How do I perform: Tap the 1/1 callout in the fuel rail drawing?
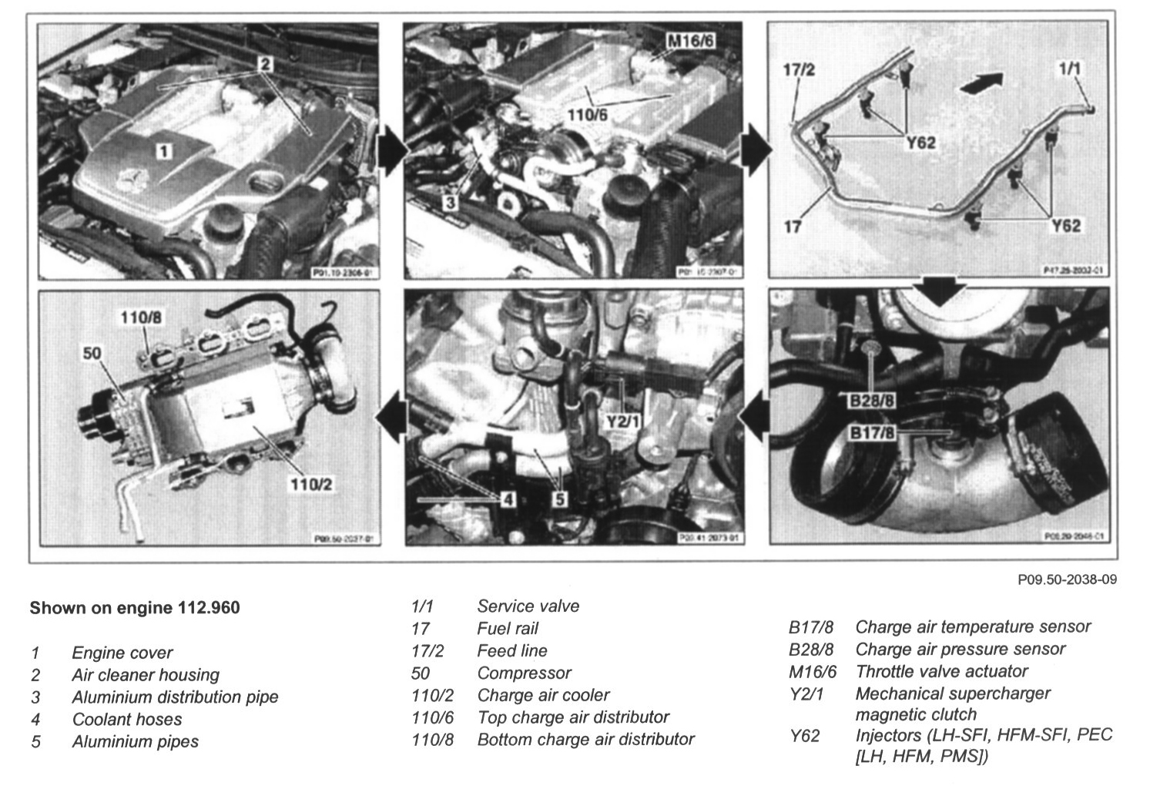(1069, 69)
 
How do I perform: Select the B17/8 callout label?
(871, 433)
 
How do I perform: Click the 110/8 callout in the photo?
(140, 317)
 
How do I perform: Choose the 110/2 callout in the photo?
(310, 485)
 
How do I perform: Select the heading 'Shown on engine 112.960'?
(134, 608)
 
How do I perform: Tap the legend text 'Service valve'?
(528, 606)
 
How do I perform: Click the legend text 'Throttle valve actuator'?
(941, 671)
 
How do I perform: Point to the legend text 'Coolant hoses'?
(127, 720)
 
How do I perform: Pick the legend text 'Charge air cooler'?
(543, 695)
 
